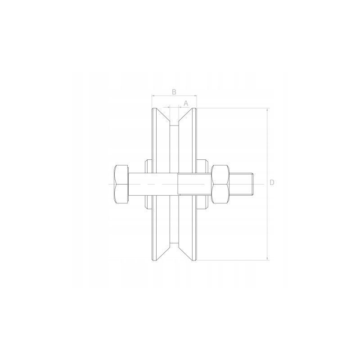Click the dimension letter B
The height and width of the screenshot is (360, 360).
[174, 92]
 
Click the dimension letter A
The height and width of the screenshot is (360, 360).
[186, 103]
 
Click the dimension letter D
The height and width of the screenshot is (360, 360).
[272, 183]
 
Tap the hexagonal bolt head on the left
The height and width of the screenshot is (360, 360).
[121, 184]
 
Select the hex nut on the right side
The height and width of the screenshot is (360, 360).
[220, 184]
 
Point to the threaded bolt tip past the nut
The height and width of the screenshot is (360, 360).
[242, 184]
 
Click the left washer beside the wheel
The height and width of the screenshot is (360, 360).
[148, 184]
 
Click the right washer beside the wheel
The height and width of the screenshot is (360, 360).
[202, 184]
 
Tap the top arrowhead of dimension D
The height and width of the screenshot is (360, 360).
[267, 110]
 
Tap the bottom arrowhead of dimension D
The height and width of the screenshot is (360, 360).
[267, 258]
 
